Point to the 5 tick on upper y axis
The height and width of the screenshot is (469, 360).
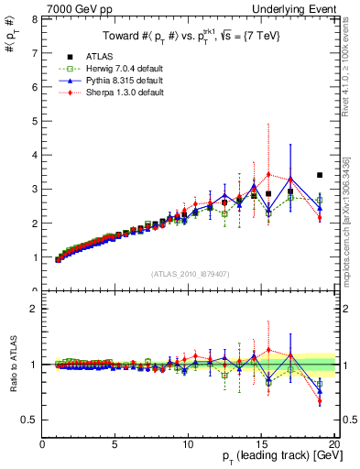pos(34,121)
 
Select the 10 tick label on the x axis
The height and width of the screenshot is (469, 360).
pos(188,444)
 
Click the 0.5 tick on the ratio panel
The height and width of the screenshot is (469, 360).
pos(28,420)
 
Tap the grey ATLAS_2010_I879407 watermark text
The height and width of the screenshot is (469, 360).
pos(189,273)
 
